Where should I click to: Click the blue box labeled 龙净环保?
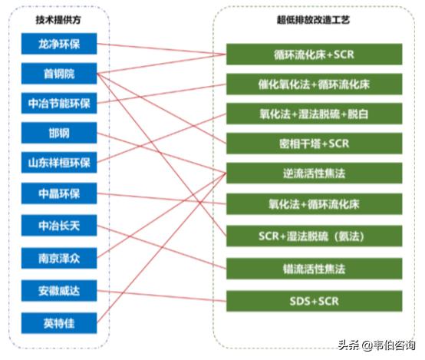point(59,44)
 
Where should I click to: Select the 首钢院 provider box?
point(59,74)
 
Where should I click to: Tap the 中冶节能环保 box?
point(59,103)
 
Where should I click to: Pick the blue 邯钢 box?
point(59,133)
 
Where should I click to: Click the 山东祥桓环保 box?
point(59,163)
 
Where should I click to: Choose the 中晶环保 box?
point(59,193)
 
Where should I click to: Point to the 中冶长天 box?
point(59,226)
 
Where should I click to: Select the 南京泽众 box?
point(59,258)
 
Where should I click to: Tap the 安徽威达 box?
point(59,291)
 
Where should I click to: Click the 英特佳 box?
point(59,323)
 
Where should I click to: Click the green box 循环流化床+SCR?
point(314,54)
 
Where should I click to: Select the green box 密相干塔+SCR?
point(314,144)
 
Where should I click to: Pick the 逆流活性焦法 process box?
point(314,173)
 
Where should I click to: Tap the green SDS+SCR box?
point(314,301)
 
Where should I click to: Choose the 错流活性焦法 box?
point(314,269)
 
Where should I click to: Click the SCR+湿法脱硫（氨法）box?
point(314,236)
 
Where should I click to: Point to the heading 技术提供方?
point(58,20)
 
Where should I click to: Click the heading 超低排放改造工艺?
point(313,20)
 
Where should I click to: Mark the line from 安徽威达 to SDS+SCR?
point(162,296)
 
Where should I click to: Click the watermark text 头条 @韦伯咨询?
point(377,345)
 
